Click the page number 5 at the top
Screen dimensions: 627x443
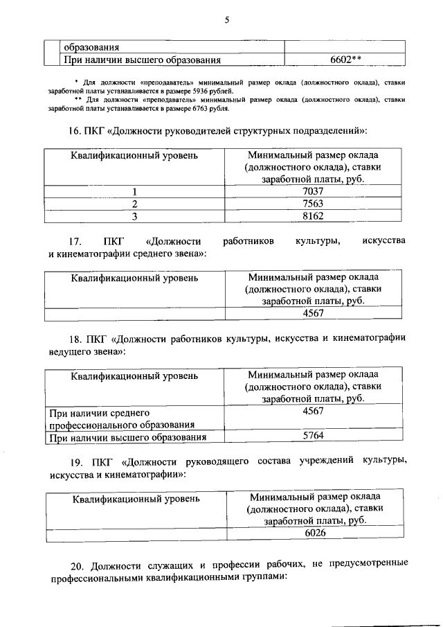[x=226, y=20]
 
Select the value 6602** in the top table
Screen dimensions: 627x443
[x=346, y=60]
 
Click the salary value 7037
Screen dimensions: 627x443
[x=313, y=191]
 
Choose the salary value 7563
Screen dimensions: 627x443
[x=313, y=204]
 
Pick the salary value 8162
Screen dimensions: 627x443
[x=313, y=216]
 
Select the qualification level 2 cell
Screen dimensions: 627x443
[x=135, y=204]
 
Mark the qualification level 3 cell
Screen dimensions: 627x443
[x=135, y=216]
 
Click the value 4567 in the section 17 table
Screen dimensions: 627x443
[x=314, y=314]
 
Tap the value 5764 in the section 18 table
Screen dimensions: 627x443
[x=314, y=436]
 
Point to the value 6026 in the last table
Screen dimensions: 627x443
[x=315, y=533]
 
